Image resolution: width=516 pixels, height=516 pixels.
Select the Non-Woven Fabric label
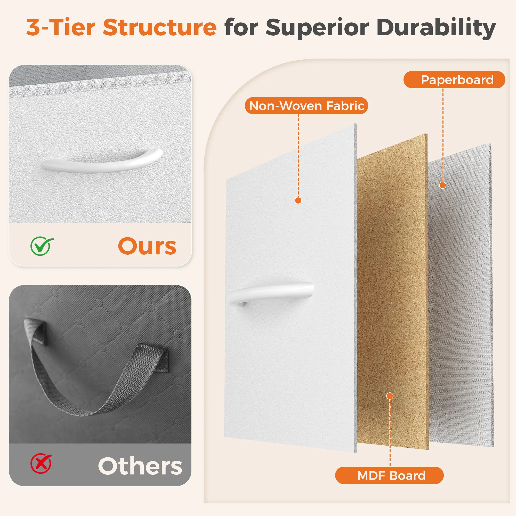(x=306, y=106)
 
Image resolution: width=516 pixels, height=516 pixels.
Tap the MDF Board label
(x=389, y=475)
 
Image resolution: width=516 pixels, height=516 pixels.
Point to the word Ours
(x=147, y=246)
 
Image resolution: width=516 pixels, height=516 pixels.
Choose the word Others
(x=140, y=466)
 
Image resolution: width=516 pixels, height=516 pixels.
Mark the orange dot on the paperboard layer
(x=442, y=185)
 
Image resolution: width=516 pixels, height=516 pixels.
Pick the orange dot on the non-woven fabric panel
(x=298, y=200)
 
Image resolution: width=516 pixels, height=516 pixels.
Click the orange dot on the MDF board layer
(x=390, y=396)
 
